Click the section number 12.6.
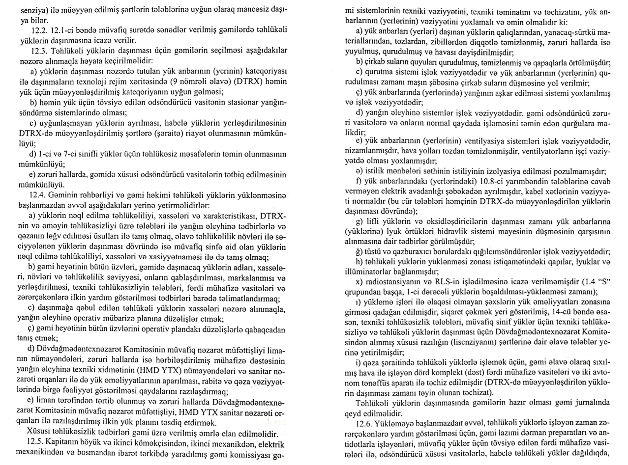366,422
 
